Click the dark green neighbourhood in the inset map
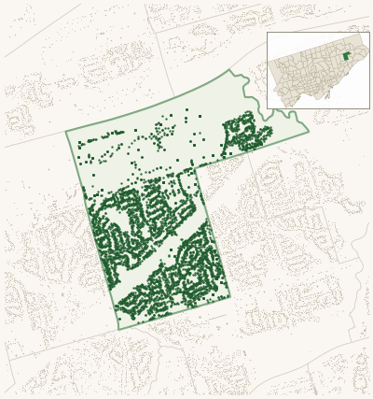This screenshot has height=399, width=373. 346,56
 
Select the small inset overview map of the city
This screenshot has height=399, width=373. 318,70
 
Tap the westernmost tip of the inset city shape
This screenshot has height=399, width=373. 270,65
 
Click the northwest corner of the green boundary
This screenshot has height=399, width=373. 66,132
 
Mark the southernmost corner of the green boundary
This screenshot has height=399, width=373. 118,329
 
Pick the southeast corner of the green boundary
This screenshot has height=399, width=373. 229,298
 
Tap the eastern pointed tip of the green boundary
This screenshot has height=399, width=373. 309,132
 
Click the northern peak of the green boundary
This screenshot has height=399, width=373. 229,70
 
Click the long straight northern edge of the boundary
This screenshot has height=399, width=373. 149,101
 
